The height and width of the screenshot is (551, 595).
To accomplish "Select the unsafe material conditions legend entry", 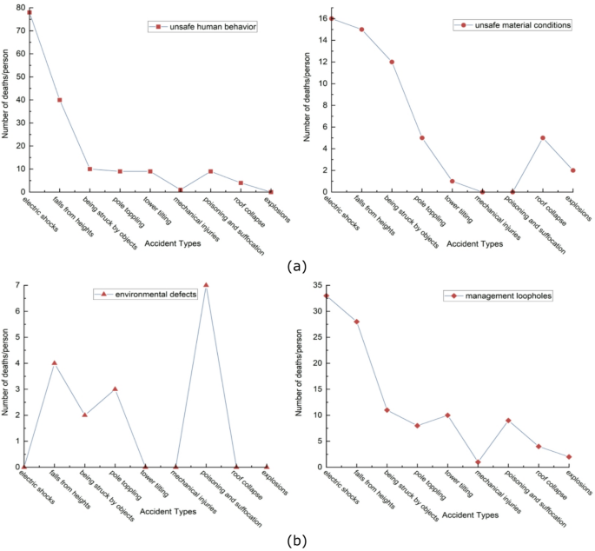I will click(512, 25).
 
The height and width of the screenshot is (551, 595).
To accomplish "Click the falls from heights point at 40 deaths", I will click(59, 100).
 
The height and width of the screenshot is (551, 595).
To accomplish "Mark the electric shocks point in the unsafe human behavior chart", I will click(29, 12).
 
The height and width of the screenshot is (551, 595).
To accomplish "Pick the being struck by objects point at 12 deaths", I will click(392, 62).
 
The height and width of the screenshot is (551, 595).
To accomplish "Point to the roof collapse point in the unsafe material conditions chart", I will click(542, 137).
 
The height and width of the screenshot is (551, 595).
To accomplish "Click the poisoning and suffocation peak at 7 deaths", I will click(206, 285).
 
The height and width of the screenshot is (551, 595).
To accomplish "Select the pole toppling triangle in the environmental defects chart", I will click(115, 388).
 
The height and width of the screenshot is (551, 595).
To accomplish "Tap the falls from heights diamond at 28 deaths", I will click(356, 322).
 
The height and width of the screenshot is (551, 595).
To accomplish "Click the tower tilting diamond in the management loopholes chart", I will click(447, 415).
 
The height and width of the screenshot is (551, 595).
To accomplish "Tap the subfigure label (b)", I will click(298, 541).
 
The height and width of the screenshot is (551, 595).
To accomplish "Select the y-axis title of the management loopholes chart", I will click(303, 375).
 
